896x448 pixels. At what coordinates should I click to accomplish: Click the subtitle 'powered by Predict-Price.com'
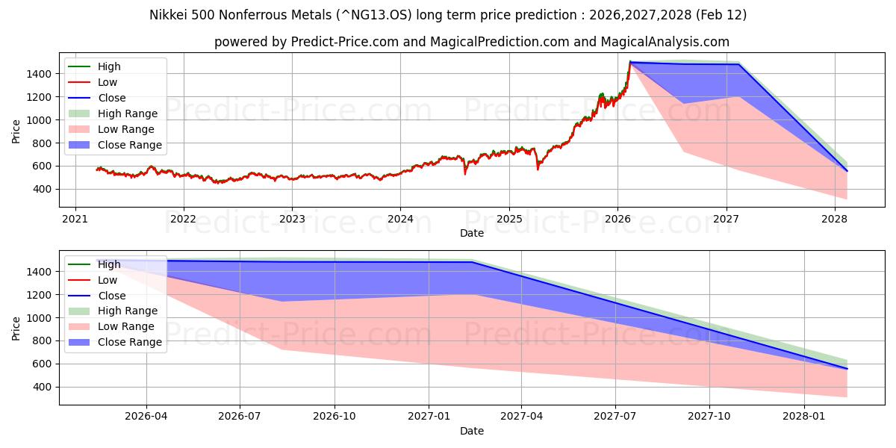pyautogui.click(x=471, y=42)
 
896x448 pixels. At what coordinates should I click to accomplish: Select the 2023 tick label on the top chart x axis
pyautogui.click(x=292, y=219)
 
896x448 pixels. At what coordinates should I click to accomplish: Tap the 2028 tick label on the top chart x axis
pyautogui.click(x=834, y=219)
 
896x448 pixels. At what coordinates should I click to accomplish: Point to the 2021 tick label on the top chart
pyautogui.click(x=75, y=219)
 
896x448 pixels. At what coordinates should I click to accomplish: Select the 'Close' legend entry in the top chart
pyautogui.click(x=112, y=98)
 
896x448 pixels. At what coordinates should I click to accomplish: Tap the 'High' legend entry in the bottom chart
pyautogui.click(x=109, y=264)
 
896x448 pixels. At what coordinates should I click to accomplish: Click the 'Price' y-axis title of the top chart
pyautogui.click(x=16, y=131)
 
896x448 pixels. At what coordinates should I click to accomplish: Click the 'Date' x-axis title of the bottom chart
pyautogui.click(x=471, y=431)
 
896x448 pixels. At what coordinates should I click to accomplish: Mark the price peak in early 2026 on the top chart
pyautogui.click(x=630, y=62)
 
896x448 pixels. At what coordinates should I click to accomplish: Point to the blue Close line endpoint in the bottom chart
pyautogui.click(x=847, y=369)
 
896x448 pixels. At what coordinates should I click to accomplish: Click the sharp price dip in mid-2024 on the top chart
pyautogui.click(x=464, y=173)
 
